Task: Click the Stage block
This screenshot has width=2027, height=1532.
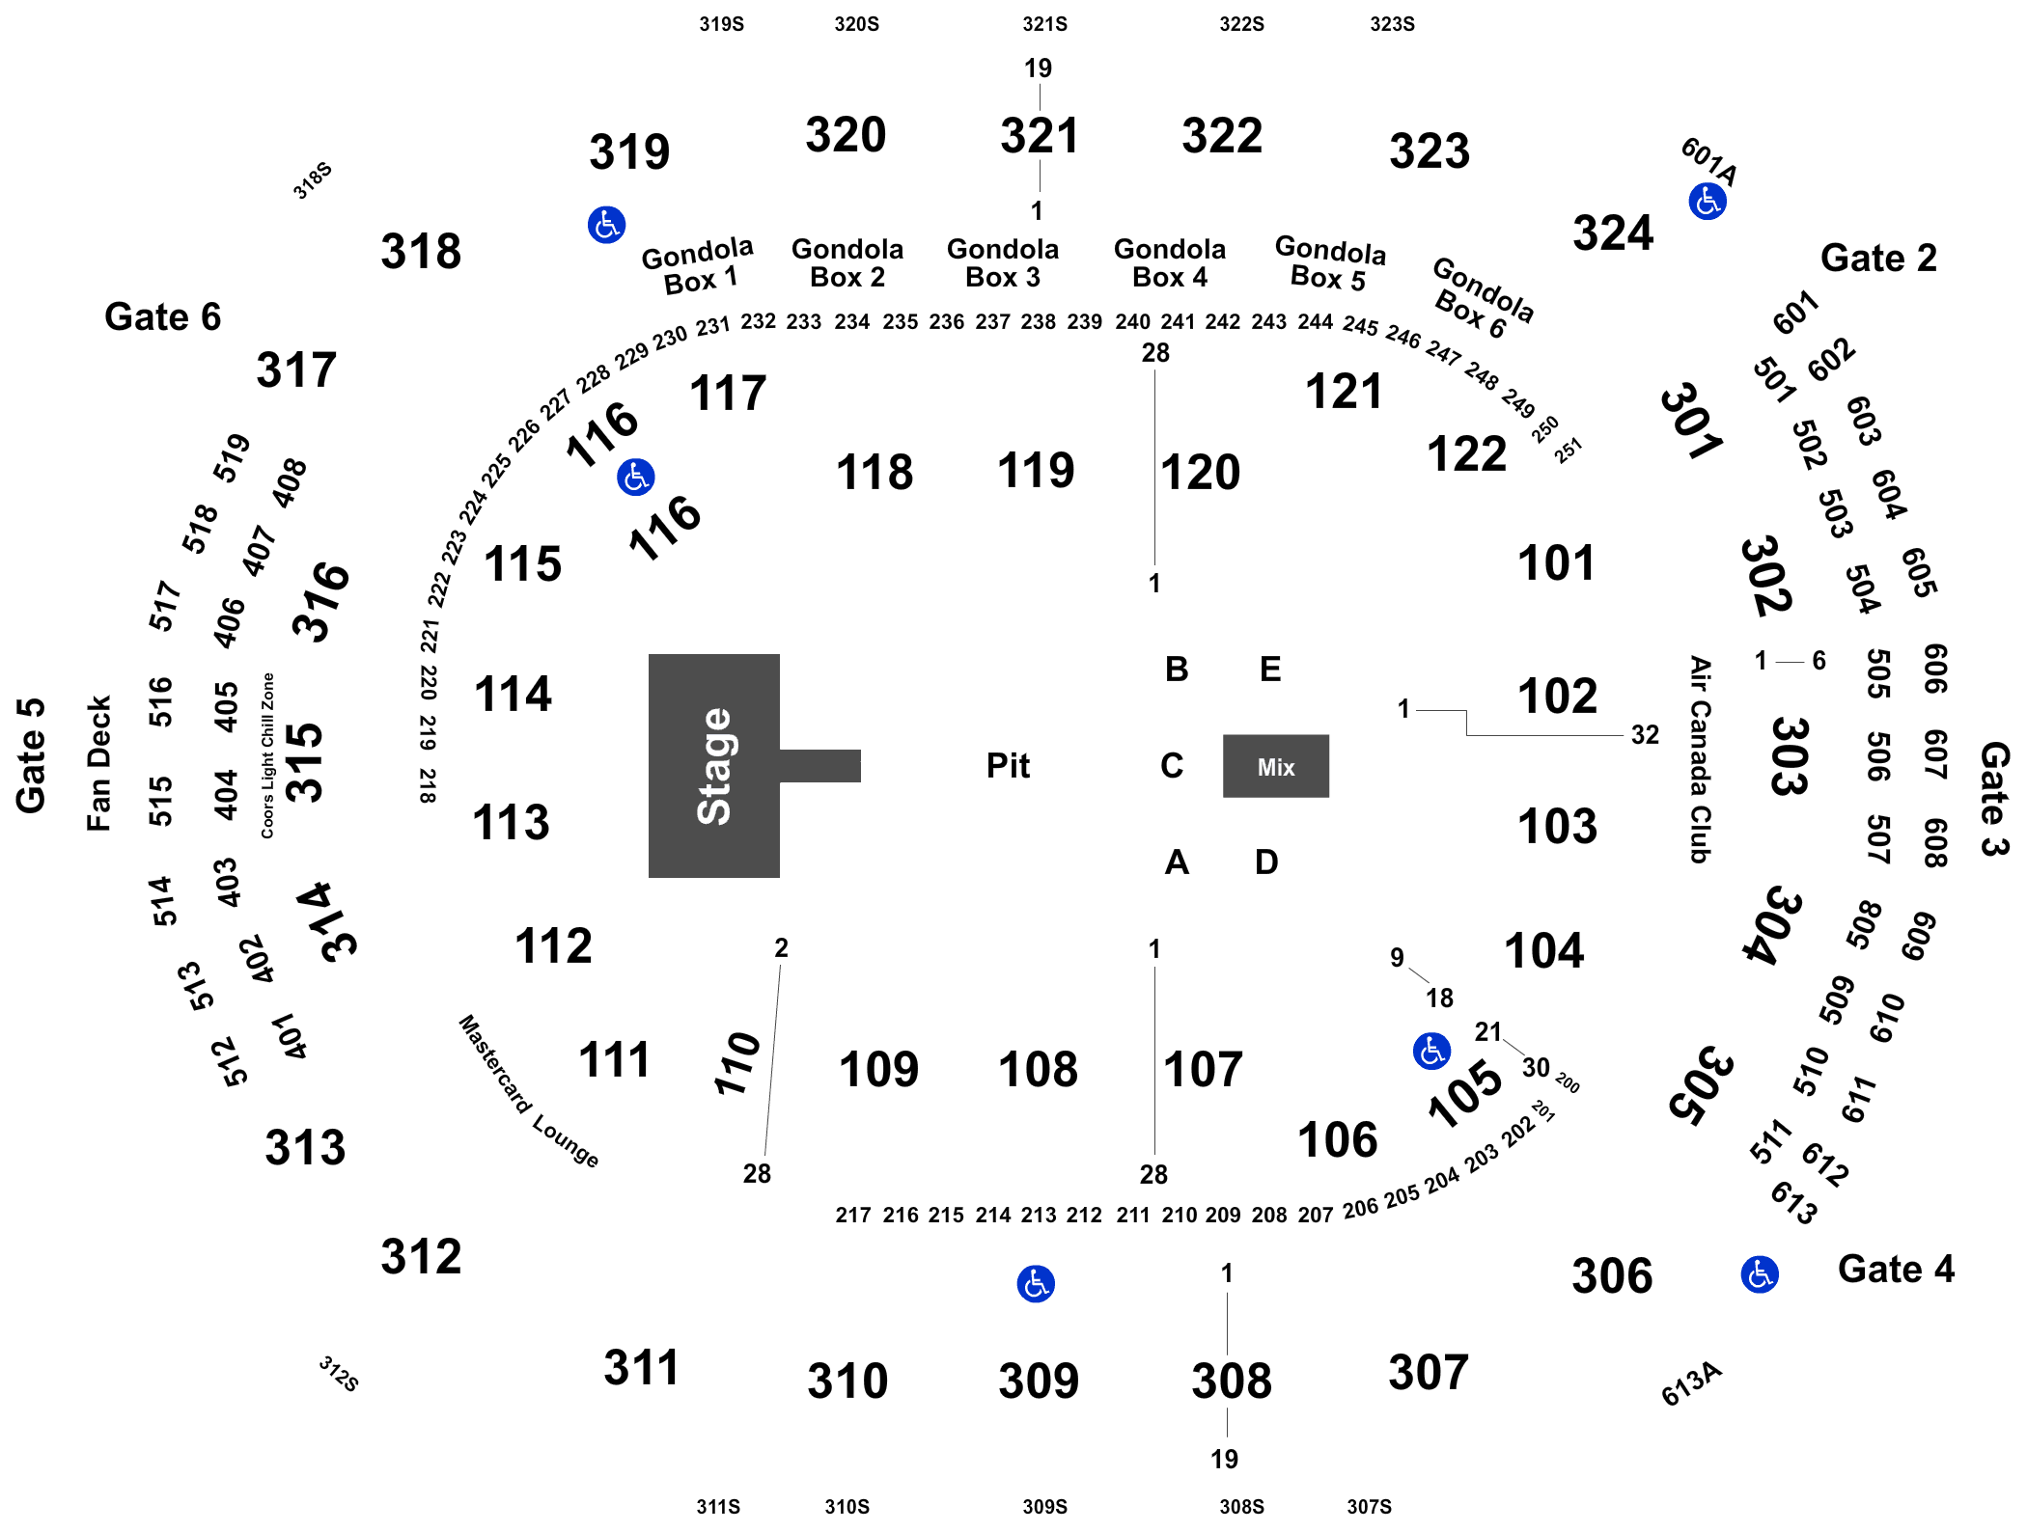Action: click(714, 766)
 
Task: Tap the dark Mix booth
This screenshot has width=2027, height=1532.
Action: click(1276, 766)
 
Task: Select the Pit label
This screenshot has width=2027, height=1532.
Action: click(1008, 766)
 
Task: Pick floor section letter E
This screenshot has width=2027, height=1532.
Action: click(1270, 669)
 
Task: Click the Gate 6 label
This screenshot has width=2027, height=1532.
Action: click(162, 316)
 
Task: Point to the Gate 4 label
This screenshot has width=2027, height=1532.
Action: click(1896, 1269)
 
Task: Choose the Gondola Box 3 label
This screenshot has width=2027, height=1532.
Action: click(1003, 263)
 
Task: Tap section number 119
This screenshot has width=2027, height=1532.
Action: click(1036, 471)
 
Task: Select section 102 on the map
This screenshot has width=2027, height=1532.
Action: click(1557, 696)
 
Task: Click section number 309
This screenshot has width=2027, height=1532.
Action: click(1039, 1381)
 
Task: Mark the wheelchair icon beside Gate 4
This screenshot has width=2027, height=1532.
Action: click(1760, 1274)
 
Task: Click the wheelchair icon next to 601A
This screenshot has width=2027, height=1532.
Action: click(1708, 202)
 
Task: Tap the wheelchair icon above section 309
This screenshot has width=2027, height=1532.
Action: click(1036, 1284)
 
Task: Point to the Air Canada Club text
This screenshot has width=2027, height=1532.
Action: click(1700, 759)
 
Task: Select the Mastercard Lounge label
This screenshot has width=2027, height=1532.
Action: click(528, 1091)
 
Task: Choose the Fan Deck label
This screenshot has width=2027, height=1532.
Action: click(98, 763)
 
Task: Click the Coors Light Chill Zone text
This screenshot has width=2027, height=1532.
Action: click(267, 755)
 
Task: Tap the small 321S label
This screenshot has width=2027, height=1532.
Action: click(1044, 24)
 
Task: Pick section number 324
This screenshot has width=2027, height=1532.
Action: click(1613, 233)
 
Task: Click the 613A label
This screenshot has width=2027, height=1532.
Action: click(1691, 1383)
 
